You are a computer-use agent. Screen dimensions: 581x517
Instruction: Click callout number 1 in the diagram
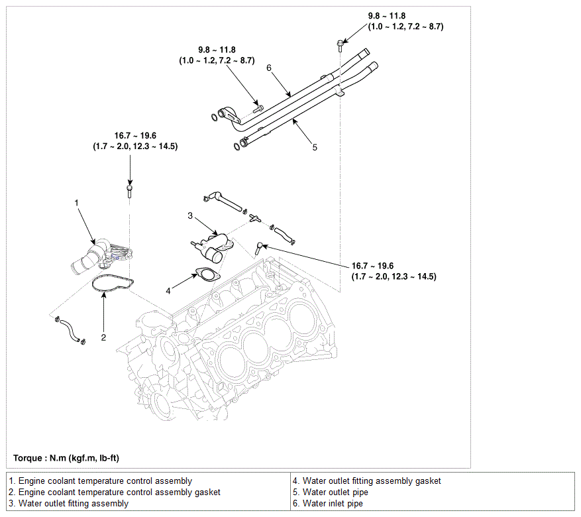tap(77, 203)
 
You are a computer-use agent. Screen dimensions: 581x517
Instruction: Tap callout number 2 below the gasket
tap(103, 337)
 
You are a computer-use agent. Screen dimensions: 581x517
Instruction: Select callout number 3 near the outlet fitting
tap(190, 215)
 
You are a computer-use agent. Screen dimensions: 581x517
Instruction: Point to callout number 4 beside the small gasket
tap(168, 291)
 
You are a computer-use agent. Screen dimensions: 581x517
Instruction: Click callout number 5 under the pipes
tap(315, 148)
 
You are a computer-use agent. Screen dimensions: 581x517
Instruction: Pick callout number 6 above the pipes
tap(269, 68)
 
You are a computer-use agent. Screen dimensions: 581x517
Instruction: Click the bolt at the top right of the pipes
tap(340, 46)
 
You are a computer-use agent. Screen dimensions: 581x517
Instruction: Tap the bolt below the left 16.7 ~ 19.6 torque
tap(129, 192)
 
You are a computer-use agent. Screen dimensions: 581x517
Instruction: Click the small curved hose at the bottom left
tap(70, 330)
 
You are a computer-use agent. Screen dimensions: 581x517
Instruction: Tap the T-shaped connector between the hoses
tap(254, 218)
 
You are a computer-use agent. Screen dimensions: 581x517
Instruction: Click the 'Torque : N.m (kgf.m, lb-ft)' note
tap(66, 458)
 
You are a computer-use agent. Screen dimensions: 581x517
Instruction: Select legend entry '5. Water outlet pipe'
tap(331, 492)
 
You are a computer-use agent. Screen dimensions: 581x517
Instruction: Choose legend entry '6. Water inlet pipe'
tap(328, 503)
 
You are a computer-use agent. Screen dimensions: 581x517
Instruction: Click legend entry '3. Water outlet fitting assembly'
tap(68, 503)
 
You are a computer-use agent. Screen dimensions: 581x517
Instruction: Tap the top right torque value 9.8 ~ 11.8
tap(386, 16)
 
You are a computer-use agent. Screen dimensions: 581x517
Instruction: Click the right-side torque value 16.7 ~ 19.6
tap(372, 266)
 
